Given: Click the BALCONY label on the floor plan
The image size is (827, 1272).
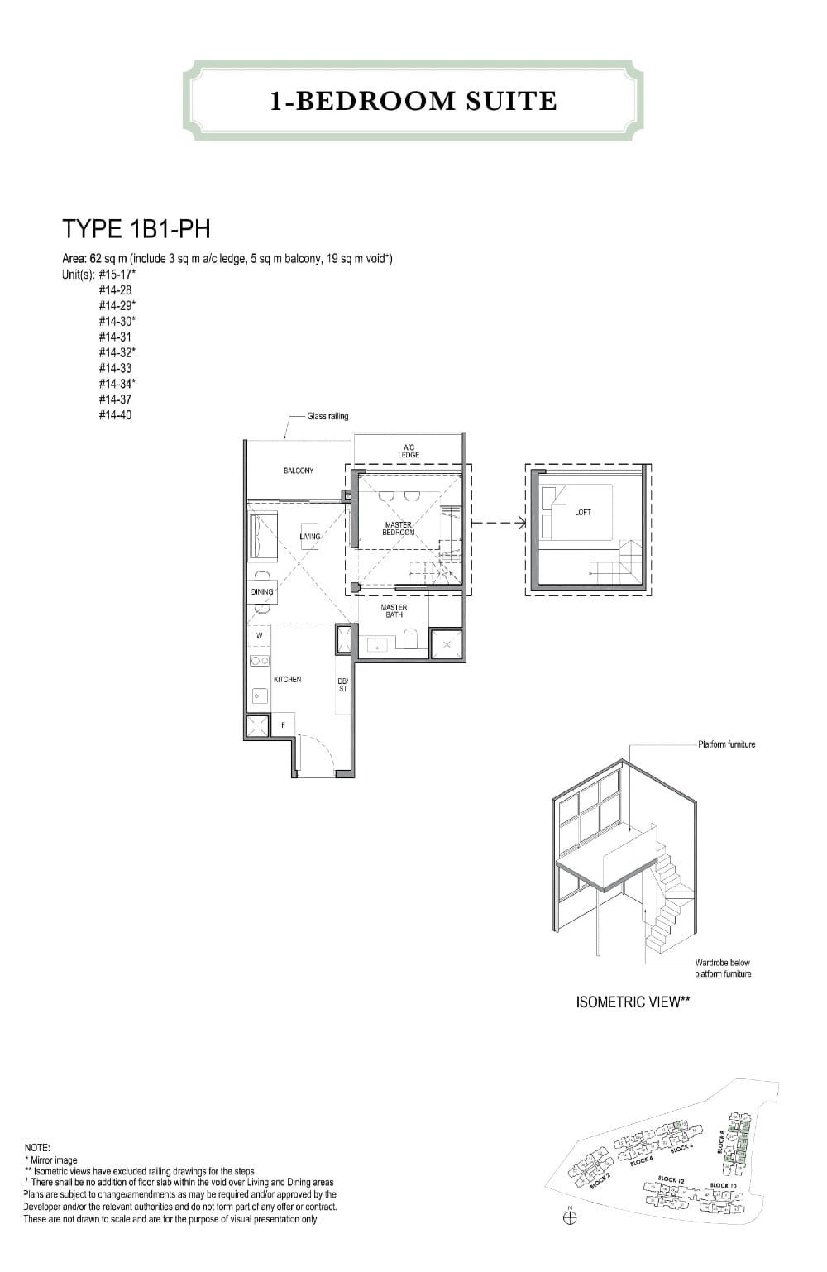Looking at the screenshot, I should click(299, 471).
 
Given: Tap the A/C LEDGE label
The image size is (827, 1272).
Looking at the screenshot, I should click(409, 451).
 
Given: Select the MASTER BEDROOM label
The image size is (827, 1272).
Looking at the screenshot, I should click(398, 528).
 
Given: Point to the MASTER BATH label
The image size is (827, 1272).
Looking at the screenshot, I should click(394, 610).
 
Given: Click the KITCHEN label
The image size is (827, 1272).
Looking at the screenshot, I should click(287, 679).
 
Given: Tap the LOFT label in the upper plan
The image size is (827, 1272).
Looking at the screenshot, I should click(582, 513).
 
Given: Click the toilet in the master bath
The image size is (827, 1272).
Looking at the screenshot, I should click(409, 640).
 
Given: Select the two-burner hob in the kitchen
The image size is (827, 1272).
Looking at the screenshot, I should click(260, 661).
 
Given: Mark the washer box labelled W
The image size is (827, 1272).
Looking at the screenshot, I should click(260, 635).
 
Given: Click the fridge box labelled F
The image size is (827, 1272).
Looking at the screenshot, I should click(284, 725).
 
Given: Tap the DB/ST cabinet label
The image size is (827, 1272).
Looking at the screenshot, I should click(343, 685).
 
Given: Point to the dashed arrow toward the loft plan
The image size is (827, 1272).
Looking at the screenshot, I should click(499, 522).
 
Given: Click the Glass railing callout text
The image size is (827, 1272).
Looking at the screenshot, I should click(327, 416).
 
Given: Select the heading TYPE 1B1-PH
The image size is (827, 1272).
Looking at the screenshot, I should click(136, 228).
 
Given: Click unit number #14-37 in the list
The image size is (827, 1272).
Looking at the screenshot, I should click(115, 399).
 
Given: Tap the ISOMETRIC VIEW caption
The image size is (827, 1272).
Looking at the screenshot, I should click(633, 1002).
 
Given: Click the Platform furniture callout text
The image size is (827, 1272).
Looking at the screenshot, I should click(726, 744).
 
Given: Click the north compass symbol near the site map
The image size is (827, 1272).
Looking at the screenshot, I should click(569, 1217).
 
